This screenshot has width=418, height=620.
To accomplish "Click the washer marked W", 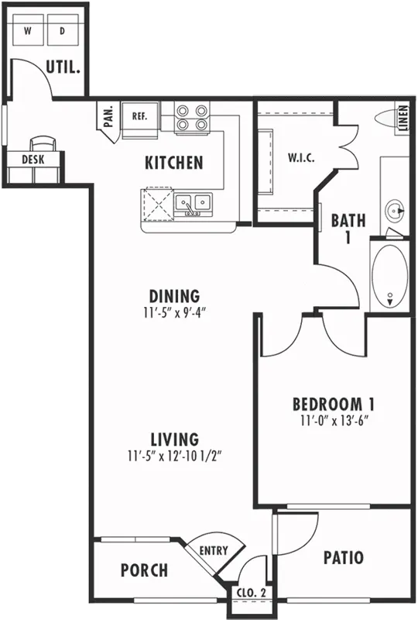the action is (28, 30).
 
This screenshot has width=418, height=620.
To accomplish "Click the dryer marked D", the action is (63, 30).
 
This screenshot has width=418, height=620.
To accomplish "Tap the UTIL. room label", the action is (63, 67).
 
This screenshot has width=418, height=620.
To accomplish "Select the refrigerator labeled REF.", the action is (140, 120).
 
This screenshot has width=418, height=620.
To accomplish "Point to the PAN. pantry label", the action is (108, 115).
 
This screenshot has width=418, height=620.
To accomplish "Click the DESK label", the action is (33, 160).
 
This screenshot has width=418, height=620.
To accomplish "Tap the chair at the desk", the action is (43, 143).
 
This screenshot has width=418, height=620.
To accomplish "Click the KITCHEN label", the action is (174, 163).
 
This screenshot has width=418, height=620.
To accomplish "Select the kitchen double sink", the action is (194, 205).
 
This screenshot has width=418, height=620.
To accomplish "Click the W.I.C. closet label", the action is (301, 158).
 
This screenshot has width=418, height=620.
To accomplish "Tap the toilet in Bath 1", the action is (388, 119).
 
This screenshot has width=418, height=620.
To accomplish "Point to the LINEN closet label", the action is (403, 118).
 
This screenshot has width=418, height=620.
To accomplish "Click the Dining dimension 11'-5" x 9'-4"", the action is (175, 313).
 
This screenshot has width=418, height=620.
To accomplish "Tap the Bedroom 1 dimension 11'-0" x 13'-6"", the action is (334, 421).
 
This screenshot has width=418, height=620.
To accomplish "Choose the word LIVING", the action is (175, 439).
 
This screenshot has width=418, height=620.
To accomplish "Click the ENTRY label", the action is (214, 550).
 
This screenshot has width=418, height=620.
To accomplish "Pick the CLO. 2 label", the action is (252, 593).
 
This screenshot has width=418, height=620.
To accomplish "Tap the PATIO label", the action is (344, 558).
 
